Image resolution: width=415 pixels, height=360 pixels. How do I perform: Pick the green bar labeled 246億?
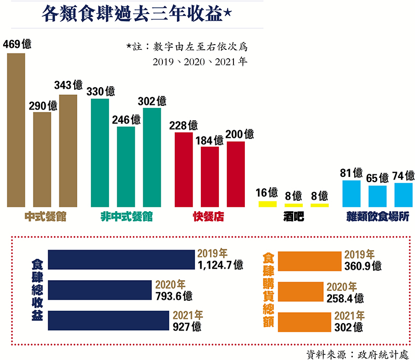[126, 166]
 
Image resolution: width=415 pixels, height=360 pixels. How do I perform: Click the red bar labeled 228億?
[184, 169]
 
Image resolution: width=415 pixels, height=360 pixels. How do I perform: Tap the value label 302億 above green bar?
[154, 101]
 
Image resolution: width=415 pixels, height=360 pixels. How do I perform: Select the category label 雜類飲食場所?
[378, 217]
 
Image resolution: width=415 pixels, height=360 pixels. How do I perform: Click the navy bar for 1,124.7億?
[121, 259]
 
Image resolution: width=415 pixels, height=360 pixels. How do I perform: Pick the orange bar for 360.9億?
[309, 260]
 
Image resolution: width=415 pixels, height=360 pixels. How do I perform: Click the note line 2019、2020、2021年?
[199, 61]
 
